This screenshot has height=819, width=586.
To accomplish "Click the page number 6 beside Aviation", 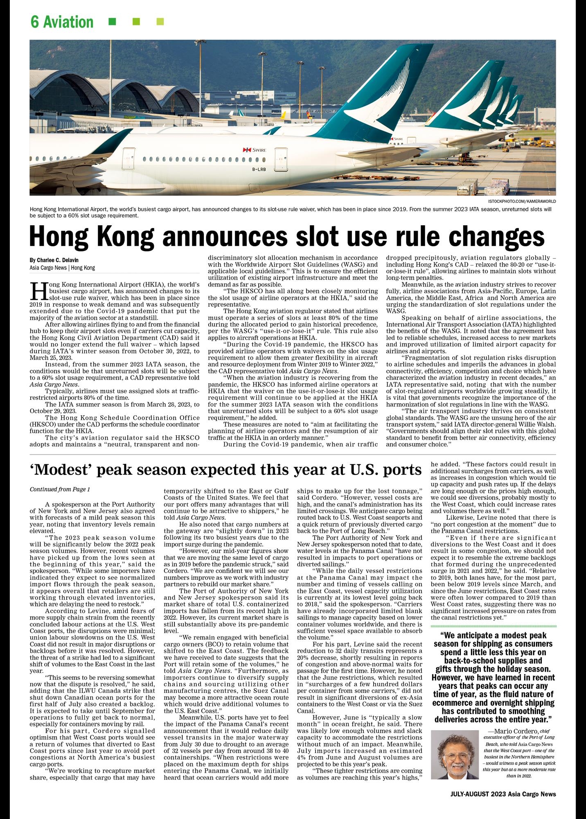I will click(35, 22).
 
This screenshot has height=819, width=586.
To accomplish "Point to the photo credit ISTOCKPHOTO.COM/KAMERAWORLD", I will click(522, 201).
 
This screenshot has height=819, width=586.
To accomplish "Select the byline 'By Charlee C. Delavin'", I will click(54, 260).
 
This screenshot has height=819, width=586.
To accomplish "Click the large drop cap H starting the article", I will click(37, 291).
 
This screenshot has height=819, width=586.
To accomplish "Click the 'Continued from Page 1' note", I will click(60, 489).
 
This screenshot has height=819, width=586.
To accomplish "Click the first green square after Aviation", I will click(112, 21).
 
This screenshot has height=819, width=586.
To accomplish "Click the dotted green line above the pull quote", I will click(493, 626).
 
